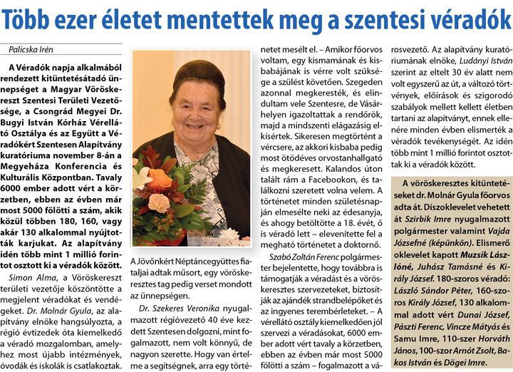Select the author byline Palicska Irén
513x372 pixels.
pos(31,49)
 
